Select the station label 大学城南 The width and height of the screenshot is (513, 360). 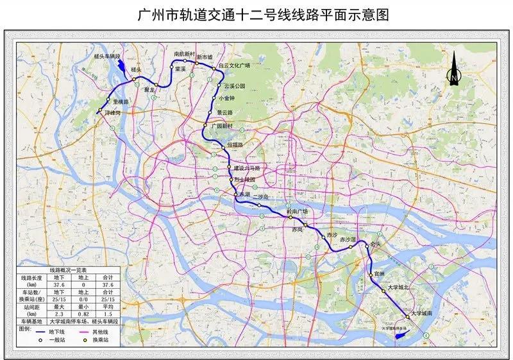(x=424, y=313)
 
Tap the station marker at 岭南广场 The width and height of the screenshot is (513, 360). (x=290, y=218)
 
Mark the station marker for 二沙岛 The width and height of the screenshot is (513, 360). (x=259, y=205)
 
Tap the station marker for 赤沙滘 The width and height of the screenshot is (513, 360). (x=351, y=246)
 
